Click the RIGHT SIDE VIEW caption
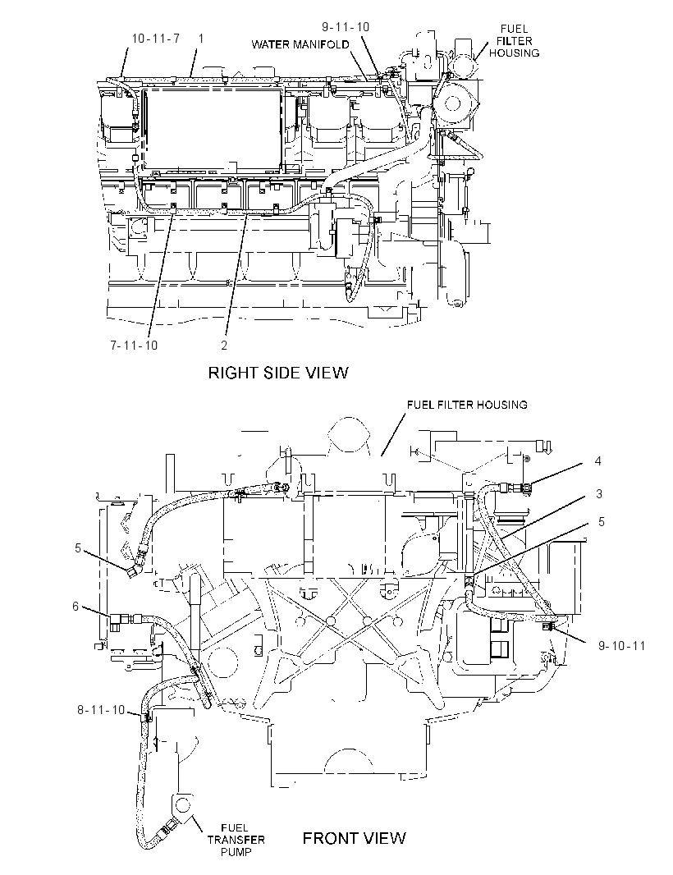pos(278,372)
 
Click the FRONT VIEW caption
pos(355,837)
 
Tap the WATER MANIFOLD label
pos(300,44)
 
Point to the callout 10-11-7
pos(156,39)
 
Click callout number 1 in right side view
pos(201,39)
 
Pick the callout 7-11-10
pos(134,346)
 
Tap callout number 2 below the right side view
pos(224,346)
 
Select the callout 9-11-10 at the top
pos(346,27)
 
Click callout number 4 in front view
pos(598,461)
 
